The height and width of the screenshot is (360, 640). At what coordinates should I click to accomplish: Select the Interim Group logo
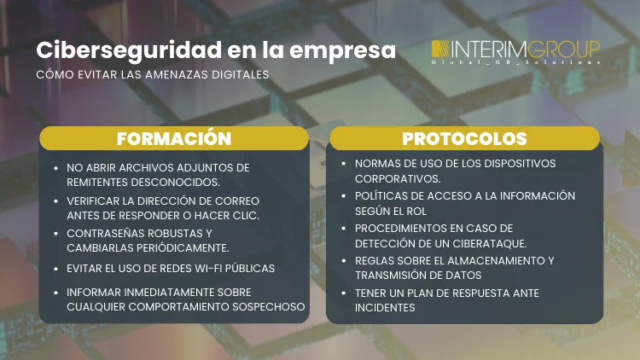[x=515, y=51]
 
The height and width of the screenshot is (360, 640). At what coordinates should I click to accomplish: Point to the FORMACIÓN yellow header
[x=173, y=138]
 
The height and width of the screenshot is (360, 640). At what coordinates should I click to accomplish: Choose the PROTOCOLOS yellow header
[x=464, y=138]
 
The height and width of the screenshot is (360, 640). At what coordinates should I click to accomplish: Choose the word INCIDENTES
[x=385, y=308]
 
